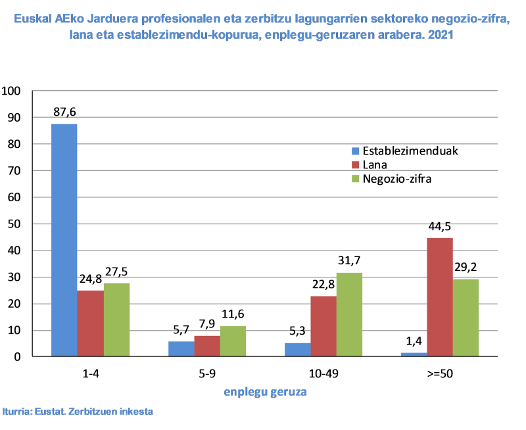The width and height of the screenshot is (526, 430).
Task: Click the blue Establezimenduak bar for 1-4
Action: tap(64, 240)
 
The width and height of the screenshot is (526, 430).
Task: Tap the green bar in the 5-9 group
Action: tap(233, 341)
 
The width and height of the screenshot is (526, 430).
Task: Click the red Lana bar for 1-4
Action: tap(91, 323)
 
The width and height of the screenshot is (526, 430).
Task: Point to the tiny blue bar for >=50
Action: tap(414, 354)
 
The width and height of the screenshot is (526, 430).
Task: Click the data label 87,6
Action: tap(65, 112)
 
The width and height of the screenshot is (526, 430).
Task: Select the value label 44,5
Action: tap(440, 226)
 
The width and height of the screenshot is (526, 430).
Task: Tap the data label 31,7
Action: tap(349, 260)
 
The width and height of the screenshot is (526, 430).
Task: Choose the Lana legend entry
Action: tap(375, 164)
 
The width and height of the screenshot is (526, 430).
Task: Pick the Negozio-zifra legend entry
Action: tap(396, 178)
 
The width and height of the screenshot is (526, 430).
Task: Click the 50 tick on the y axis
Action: tap(14, 224)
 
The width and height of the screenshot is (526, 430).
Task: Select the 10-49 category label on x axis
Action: tap(323, 373)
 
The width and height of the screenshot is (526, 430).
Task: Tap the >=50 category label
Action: tap(440, 373)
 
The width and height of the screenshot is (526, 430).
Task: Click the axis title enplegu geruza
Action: tap(265, 392)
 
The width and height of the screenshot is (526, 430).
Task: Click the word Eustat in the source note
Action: tap(47, 412)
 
